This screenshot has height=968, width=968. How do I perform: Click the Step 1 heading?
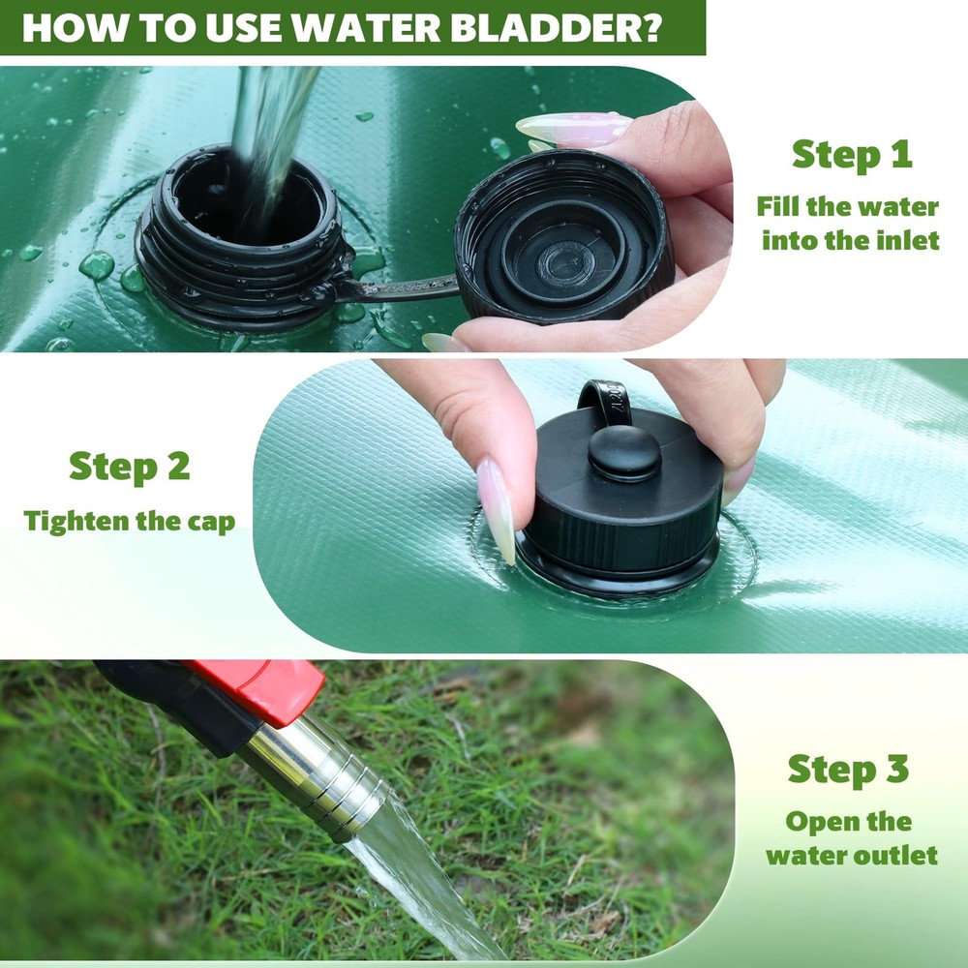pos(851,154)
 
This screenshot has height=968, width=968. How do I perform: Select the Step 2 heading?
pos(129,467)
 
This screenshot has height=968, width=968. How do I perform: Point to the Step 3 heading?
pos(848,770)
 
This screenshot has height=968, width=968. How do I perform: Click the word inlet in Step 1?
pos(905,240)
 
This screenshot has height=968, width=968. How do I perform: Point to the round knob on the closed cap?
pos(624,452)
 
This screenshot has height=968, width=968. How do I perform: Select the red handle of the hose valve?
pos(257,688)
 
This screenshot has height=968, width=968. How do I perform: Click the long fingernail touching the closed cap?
pos(496,510)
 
